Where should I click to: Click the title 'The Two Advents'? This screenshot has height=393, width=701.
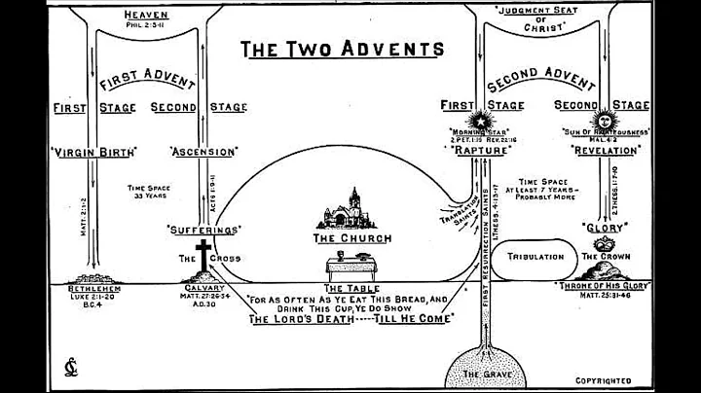click(x=343, y=48)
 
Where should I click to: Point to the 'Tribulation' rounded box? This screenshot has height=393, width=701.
click(x=537, y=257)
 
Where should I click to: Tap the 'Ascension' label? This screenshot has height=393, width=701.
click(x=203, y=152)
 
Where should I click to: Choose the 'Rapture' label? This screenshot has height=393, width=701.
click(x=478, y=152)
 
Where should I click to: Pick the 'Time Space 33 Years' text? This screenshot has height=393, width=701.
click(x=145, y=190)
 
